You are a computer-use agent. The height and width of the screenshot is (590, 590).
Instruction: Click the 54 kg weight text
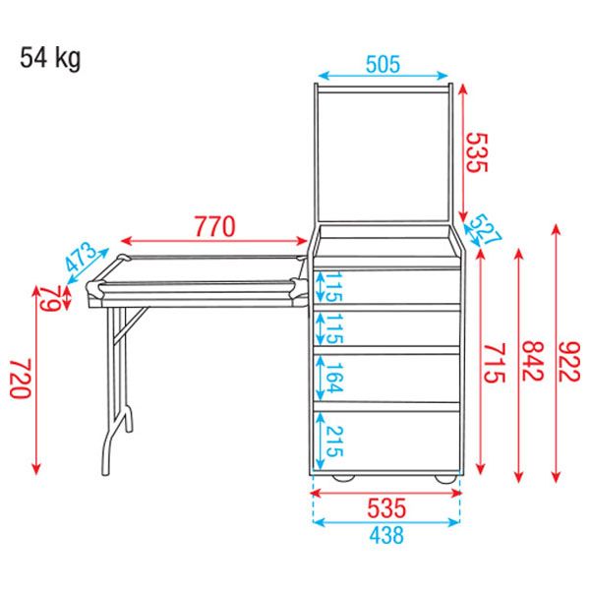[50, 58]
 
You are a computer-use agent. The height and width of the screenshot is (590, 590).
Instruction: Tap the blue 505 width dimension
[383, 64]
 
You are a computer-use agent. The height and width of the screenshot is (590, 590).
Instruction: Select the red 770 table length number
[214, 226]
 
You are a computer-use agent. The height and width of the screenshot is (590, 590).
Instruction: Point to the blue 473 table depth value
[82, 257]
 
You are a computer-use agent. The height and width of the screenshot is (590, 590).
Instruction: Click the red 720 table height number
[20, 379]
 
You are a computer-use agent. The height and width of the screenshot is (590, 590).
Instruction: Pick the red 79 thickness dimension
[50, 299]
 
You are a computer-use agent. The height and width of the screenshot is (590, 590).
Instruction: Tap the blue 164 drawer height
[334, 378]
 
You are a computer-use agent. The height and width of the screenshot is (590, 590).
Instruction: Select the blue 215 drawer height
[334, 442]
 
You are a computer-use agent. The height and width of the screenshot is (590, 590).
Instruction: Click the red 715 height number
[494, 364]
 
